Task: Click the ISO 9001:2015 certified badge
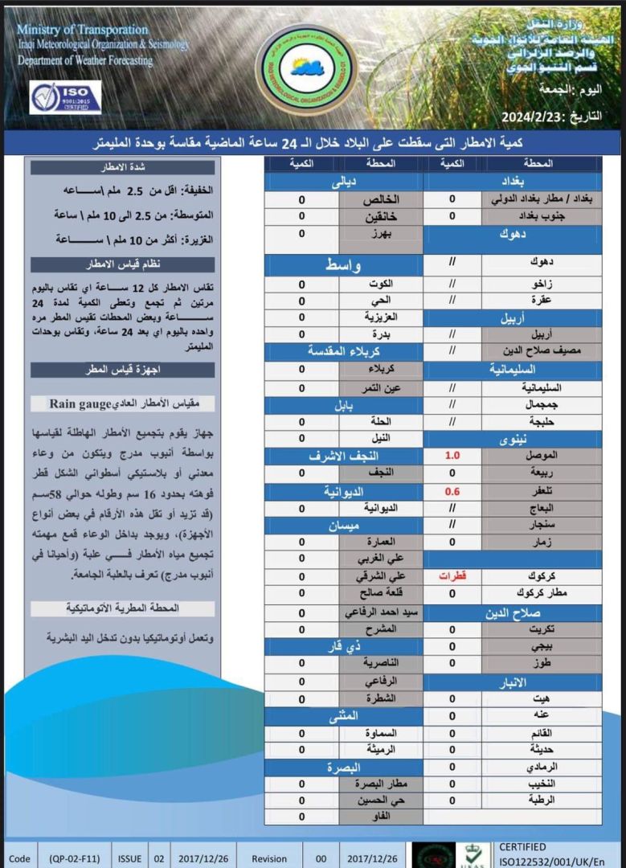coord(66,97)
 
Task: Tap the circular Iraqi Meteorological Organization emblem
coord(295,67)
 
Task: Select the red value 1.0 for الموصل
coord(452,456)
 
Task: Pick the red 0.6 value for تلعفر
coord(452,490)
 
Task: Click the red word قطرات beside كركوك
coord(452,576)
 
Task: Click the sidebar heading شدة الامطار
coord(122,167)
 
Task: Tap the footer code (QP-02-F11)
coord(75,858)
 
